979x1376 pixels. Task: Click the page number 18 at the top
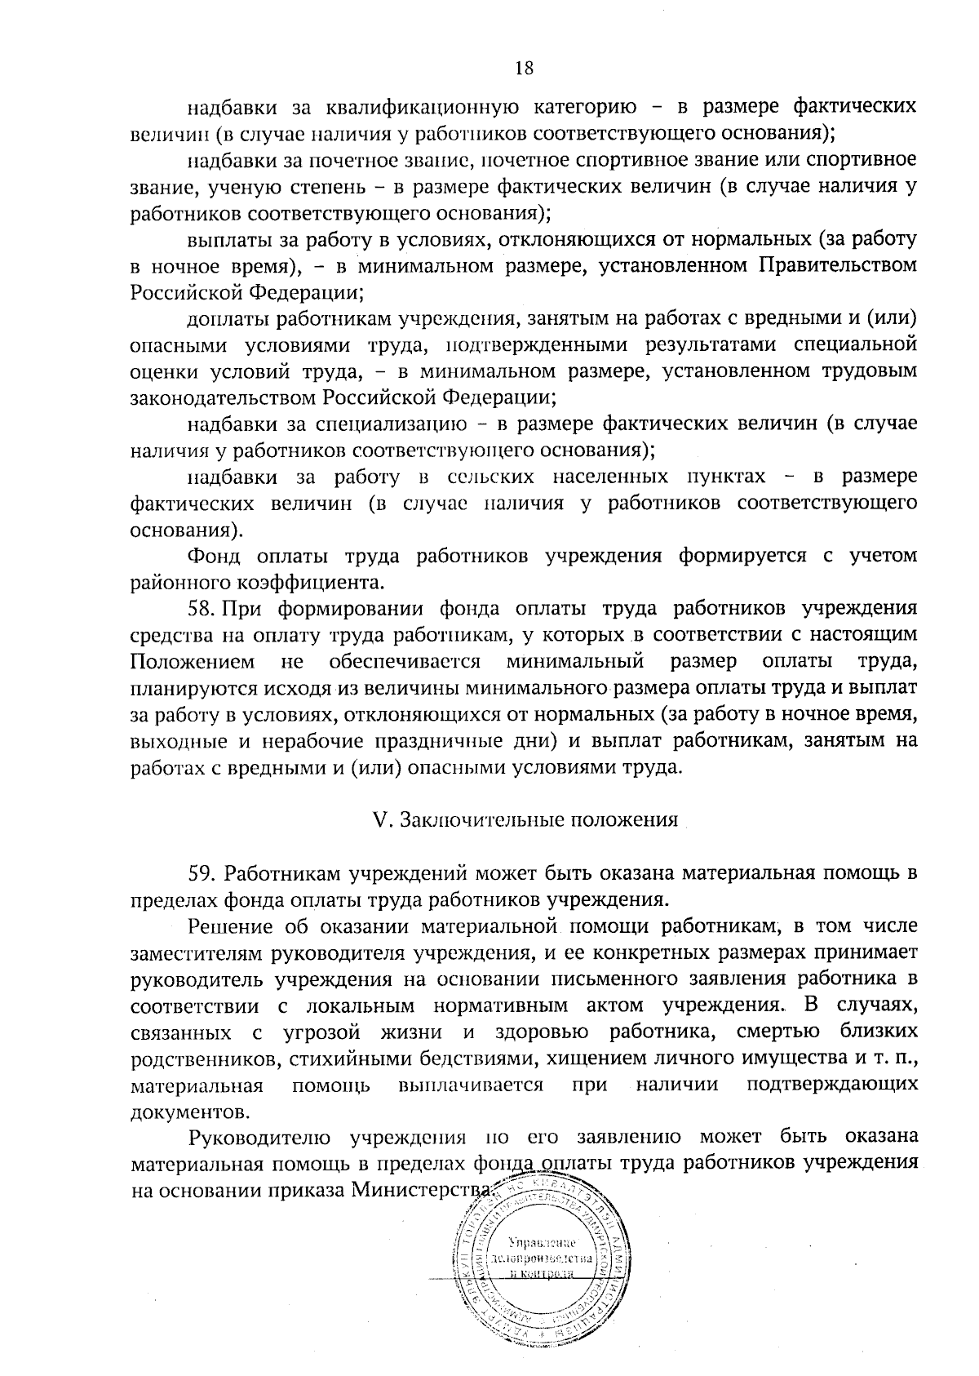click(x=524, y=69)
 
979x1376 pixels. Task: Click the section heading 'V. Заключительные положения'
click(x=525, y=820)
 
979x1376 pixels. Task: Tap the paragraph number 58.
click(x=201, y=608)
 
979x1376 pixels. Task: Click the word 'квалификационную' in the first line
click(x=423, y=107)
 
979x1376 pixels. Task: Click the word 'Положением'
click(x=191, y=661)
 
